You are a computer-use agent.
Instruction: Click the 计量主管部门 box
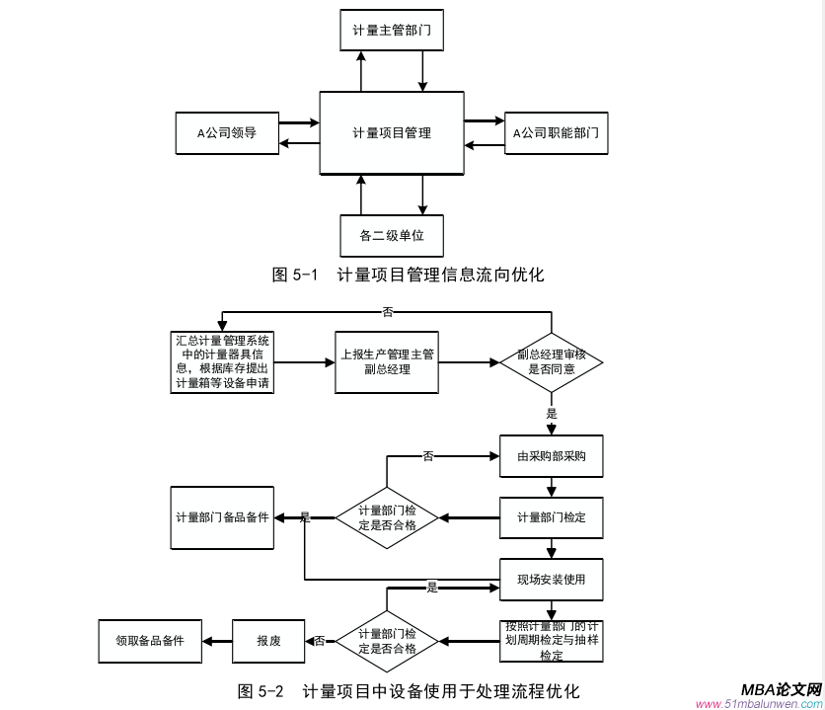coord(392,31)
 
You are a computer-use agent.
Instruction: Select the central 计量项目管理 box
coord(392,132)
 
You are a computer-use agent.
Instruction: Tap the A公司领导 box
coord(226,132)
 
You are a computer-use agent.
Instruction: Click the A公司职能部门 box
coord(556,132)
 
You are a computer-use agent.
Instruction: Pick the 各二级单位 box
coord(392,235)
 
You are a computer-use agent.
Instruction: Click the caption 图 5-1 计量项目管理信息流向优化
coord(408,275)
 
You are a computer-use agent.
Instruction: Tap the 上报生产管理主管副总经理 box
coord(387,362)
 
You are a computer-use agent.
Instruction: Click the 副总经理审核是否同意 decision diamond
coord(552,362)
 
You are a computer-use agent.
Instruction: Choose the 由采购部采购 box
coord(551,457)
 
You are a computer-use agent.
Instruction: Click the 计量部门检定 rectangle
coord(551,517)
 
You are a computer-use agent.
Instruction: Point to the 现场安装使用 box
coord(551,579)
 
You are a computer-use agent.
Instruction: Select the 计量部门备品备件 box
coord(222,517)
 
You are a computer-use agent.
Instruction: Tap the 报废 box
coord(267,641)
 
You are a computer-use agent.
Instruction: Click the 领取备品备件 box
coord(150,641)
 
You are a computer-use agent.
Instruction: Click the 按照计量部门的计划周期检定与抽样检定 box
coord(551,641)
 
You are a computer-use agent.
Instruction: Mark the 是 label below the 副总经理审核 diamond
coord(552,414)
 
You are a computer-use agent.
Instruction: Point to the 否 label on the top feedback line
coord(387,312)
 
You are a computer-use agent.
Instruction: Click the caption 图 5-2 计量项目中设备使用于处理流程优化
coord(408,690)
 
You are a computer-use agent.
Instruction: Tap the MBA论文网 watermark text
coord(780,689)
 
